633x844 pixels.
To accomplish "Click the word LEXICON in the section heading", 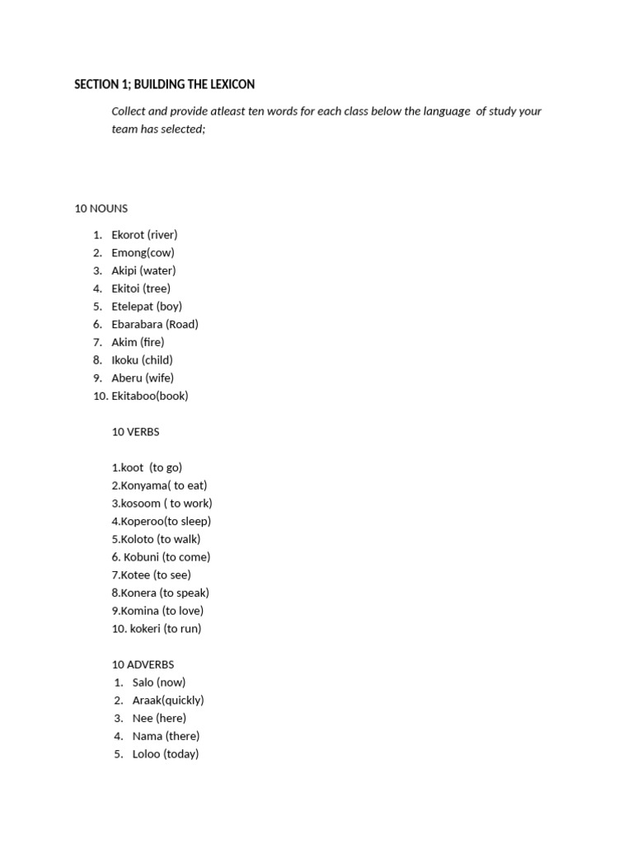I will point(231,84).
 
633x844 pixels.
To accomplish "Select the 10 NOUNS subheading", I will point(101,209).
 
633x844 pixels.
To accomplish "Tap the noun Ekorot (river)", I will point(144,235).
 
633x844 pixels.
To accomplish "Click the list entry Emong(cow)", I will point(143,253).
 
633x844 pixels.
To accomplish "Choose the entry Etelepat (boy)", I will point(147,307).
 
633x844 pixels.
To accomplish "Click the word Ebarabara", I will point(137,324).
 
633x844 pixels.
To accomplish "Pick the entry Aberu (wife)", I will point(143,378).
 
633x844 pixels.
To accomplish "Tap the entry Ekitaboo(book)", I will point(150,396).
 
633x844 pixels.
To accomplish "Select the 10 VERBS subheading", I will point(136,432).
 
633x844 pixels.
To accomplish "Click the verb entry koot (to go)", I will point(147,468).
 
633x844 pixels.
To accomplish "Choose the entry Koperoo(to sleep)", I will point(162,521).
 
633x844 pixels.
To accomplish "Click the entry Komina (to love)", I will point(157,611).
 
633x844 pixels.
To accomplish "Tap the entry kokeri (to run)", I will point(157,629).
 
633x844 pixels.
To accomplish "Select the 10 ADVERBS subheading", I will point(143,664).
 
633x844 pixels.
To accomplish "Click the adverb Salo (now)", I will point(159,682).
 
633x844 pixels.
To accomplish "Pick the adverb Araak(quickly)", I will point(168,701).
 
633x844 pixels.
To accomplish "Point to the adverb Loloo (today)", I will point(166,754).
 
